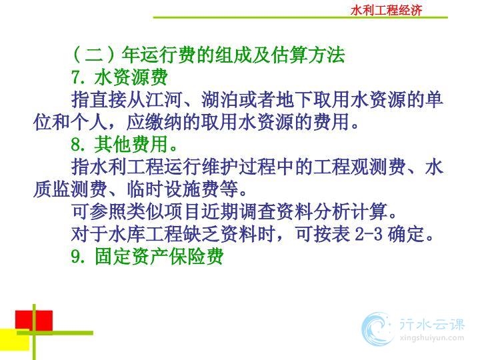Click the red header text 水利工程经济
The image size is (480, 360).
click(x=386, y=11)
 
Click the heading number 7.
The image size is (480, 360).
click(x=77, y=77)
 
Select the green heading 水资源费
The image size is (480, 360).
click(x=131, y=77)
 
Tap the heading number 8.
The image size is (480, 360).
click(x=77, y=144)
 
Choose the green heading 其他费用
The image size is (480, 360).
click(x=131, y=144)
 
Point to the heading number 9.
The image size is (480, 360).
click(x=77, y=256)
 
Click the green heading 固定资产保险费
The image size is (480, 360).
click(x=159, y=256)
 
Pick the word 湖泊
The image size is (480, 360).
click(x=220, y=99)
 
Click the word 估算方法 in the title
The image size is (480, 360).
click(x=309, y=55)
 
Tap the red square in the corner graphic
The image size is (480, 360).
click(x=34, y=321)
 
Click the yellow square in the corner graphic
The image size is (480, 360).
click(x=15, y=339)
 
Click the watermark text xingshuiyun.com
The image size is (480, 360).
click(x=432, y=338)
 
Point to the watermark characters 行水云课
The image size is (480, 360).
click(x=432, y=324)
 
